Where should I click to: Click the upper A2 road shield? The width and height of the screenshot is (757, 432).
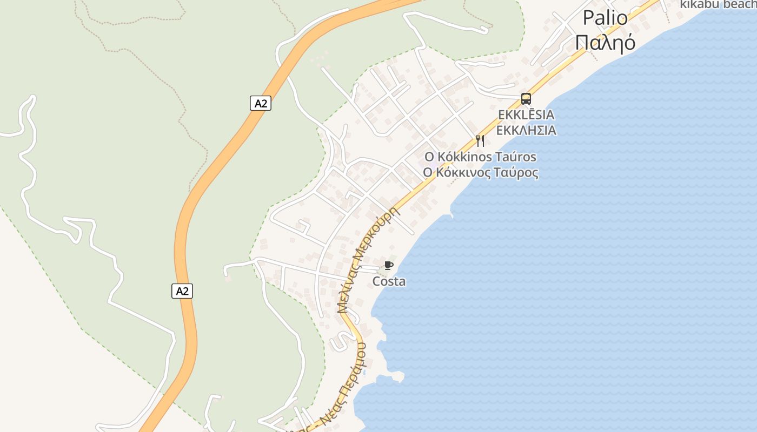pyautogui.click(x=261, y=103)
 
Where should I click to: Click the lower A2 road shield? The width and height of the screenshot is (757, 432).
pyautogui.click(x=182, y=291)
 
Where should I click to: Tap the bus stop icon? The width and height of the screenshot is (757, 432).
pyautogui.click(x=526, y=99)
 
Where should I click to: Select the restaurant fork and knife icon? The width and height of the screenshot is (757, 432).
pyautogui.click(x=480, y=141)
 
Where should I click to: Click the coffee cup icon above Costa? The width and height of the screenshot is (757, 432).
pyautogui.click(x=388, y=265)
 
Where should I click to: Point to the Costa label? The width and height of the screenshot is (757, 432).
pyautogui.click(x=389, y=281)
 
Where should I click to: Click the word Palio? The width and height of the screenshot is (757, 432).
pyautogui.click(x=605, y=18)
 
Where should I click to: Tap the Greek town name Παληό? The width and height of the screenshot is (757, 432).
pyautogui.click(x=605, y=42)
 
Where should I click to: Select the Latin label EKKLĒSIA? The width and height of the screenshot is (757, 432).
pyautogui.click(x=526, y=115)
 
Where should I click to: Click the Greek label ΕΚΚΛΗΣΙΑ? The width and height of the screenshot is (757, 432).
pyautogui.click(x=526, y=130)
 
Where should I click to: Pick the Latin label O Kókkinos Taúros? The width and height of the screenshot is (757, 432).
pyautogui.click(x=480, y=157)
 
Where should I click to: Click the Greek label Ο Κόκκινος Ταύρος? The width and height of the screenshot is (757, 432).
pyautogui.click(x=480, y=173)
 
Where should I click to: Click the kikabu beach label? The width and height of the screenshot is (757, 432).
pyautogui.click(x=718, y=5)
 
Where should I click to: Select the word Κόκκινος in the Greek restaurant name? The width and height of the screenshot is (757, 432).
pyautogui.click(x=468, y=173)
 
